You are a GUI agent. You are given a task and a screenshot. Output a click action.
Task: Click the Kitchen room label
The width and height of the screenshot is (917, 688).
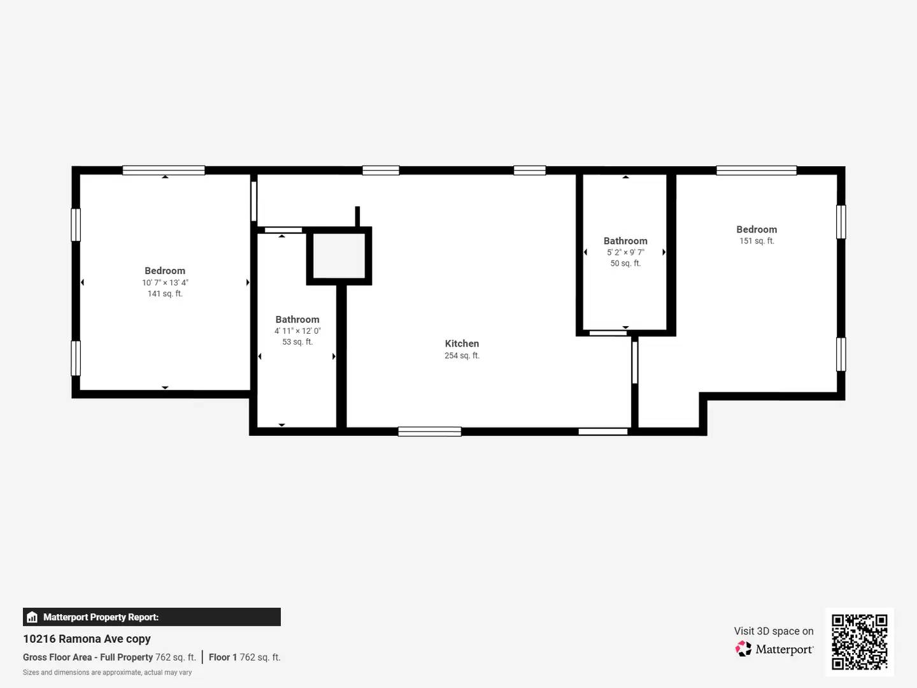462,343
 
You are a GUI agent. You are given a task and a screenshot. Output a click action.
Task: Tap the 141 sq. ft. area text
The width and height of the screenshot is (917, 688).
165,294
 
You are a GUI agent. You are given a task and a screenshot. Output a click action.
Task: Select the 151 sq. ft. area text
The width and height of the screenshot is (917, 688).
757,241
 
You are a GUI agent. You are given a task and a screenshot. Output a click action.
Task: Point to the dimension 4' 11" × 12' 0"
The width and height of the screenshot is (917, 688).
297,331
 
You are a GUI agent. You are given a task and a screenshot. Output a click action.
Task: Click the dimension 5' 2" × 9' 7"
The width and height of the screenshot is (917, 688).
625,252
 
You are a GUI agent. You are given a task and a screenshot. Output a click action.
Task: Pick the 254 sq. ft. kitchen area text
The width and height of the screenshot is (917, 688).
462,355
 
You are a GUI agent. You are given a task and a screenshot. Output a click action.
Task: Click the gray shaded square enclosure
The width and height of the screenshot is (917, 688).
339,255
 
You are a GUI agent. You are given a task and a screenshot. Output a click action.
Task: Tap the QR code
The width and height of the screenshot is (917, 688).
859,641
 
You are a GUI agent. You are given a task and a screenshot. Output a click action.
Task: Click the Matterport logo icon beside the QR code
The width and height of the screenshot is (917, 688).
743,649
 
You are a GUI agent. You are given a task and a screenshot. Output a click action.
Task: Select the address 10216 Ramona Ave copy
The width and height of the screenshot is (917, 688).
87,638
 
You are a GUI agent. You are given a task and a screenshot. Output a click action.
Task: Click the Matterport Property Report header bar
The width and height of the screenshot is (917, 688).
152,617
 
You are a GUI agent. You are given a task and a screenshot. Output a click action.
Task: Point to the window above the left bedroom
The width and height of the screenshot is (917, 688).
164,170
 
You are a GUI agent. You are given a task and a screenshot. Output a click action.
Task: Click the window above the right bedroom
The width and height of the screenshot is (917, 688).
756,170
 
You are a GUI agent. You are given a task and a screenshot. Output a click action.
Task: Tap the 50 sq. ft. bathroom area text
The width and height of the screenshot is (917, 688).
625,263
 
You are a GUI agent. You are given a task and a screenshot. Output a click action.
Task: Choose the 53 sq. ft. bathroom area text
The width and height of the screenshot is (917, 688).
297,342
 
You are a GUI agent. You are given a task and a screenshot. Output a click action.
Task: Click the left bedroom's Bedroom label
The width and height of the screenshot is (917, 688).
165,271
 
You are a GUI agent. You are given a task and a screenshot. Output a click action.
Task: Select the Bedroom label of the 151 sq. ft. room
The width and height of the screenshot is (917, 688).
757,229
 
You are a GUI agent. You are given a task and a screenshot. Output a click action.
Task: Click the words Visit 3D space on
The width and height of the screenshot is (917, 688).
773,631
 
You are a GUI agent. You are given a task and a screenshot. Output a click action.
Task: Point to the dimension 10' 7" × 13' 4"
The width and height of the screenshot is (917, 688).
165,282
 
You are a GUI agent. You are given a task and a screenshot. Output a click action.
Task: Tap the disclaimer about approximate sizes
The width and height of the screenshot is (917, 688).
107,672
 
